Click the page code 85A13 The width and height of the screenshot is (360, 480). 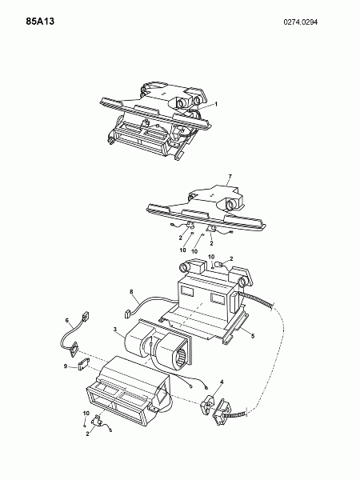pos(40,22)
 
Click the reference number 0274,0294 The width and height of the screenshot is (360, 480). pos(301,22)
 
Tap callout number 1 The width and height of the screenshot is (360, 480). pos(216,104)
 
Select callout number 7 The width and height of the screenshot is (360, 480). pos(230,176)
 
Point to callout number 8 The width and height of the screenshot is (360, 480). pos(131,292)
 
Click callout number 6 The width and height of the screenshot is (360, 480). pos(67,321)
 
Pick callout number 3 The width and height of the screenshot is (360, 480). pos(114,330)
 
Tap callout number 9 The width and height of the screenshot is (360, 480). pos(66,366)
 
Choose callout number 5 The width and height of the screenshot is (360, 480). pos(253,336)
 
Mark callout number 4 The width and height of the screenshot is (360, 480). pos(222,382)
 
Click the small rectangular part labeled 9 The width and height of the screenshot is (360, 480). pos(83,364)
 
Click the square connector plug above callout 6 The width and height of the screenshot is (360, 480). pos(85,315)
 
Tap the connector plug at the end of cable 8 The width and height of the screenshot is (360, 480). pos(127,314)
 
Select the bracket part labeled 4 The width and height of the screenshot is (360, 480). pos(207,402)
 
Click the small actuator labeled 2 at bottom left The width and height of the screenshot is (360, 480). pos(98,422)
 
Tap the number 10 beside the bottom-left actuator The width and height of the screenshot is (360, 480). pos(86,414)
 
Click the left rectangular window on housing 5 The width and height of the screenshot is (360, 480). pos(187,291)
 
